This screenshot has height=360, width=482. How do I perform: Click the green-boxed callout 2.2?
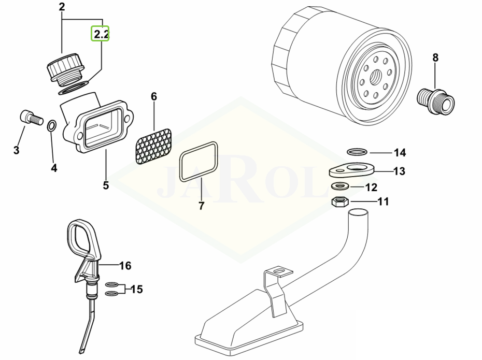point(100,34)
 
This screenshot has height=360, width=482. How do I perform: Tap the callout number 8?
point(435,57)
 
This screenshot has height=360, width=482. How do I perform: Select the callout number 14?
point(400,152)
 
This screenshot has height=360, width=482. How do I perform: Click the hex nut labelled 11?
point(339,202)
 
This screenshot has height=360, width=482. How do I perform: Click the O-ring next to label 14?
point(357,151)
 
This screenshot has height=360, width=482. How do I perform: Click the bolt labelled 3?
point(31,118)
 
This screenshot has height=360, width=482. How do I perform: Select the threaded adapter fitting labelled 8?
point(435,102)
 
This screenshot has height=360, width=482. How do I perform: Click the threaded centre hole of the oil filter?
point(376,75)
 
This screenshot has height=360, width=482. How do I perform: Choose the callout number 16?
point(125,265)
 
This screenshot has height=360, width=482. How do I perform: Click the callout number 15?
point(137,289)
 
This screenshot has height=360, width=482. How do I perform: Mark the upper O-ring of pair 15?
point(111,284)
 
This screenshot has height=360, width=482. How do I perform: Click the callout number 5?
point(106,185)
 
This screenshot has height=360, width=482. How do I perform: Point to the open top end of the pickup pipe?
point(359,212)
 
